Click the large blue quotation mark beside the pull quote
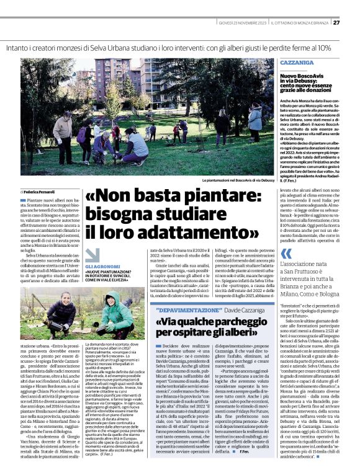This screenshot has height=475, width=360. (286, 253)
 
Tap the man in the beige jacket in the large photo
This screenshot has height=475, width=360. (64, 134)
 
